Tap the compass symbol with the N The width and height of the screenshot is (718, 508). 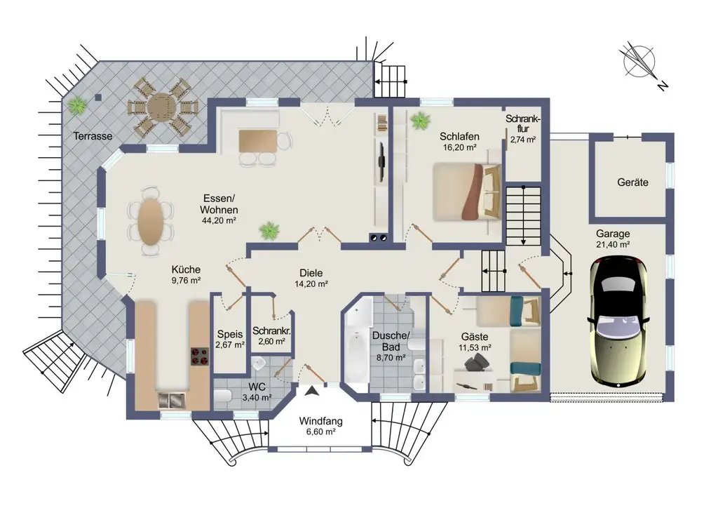639,61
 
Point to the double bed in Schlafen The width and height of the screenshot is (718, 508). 466,190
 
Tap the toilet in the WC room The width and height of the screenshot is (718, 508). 224,398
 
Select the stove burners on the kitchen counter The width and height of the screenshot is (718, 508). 199,356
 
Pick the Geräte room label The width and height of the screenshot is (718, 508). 632,182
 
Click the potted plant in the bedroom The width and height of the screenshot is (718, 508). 421,120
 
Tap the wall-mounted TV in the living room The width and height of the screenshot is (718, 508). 381,162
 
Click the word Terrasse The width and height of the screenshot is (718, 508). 93,136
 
